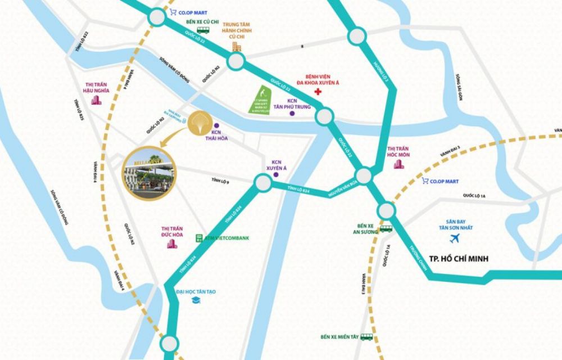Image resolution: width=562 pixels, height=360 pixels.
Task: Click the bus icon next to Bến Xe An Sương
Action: [386, 228]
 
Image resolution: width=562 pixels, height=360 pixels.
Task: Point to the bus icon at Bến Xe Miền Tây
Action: [367, 337]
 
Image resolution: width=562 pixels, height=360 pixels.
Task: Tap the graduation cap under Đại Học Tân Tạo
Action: [196, 301]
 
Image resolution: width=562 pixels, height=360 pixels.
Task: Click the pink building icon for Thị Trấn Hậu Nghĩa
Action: [96, 101]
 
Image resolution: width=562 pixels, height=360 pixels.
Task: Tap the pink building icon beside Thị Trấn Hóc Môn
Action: [398, 164]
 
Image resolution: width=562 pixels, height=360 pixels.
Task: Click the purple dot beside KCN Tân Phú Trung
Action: [292, 114]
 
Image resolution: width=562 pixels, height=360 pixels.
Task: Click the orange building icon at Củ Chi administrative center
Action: [237, 46]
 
